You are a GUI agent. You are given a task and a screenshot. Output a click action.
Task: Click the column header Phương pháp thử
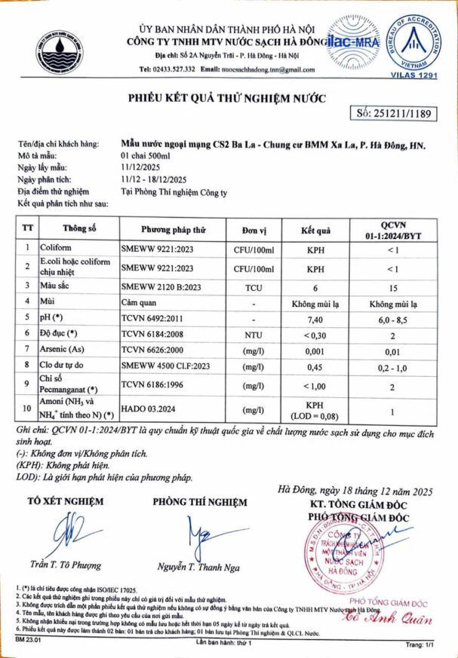174,229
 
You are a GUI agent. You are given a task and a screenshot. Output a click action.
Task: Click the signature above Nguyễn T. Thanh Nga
200,537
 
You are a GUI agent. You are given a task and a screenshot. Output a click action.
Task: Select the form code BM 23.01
28,639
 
